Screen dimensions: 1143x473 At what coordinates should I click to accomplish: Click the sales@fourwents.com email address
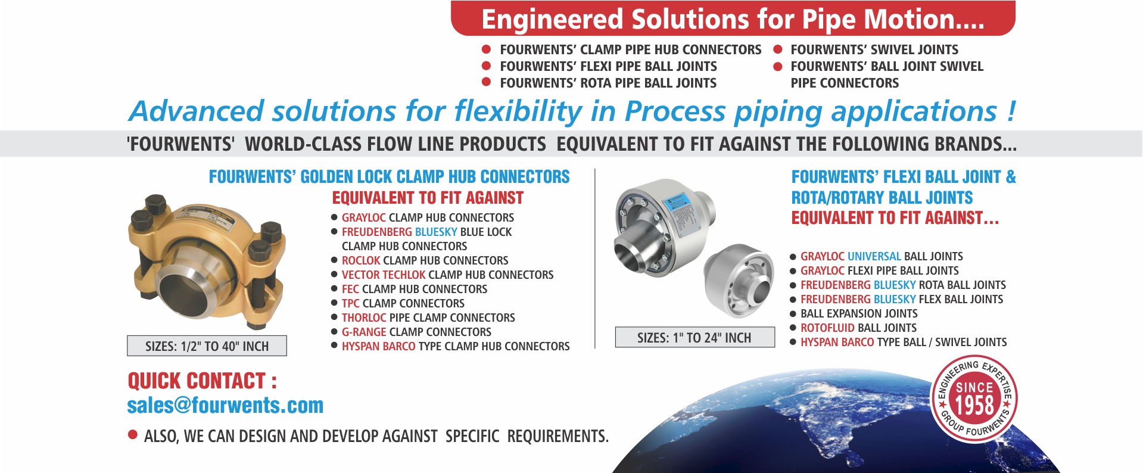[x=225, y=406]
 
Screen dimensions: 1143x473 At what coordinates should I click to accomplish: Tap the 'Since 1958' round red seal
[x=974, y=399]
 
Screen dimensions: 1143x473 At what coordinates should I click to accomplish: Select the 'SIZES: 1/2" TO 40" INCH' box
[x=207, y=346]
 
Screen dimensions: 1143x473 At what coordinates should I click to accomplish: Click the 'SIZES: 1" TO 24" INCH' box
[x=694, y=338]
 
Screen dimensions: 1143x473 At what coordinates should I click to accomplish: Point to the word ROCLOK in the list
[x=361, y=260]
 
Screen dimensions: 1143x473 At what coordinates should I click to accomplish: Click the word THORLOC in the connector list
[x=364, y=318]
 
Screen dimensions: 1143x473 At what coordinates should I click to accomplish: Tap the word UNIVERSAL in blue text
[x=874, y=256]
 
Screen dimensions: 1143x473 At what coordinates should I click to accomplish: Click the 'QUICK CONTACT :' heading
[x=203, y=381]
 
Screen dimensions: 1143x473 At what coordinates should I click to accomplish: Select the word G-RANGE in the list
[x=364, y=332]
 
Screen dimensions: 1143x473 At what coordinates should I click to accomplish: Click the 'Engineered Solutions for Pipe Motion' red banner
[x=733, y=18]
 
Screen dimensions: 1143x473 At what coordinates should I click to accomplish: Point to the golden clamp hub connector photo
[x=207, y=260]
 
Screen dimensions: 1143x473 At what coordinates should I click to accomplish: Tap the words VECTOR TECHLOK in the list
[x=384, y=275]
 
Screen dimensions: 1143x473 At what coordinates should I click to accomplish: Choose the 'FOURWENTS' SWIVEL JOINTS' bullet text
[x=874, y=49]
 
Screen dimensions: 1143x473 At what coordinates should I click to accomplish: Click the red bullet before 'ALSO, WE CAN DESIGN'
[x=133, y=434]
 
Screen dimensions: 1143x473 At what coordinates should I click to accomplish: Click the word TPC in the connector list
[x=351, y=303]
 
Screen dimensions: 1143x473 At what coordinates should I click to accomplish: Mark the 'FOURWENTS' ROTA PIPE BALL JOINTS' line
[x=608, y=83]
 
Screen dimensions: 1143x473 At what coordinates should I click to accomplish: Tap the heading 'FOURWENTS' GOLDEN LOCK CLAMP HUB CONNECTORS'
[x=389, y=177]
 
